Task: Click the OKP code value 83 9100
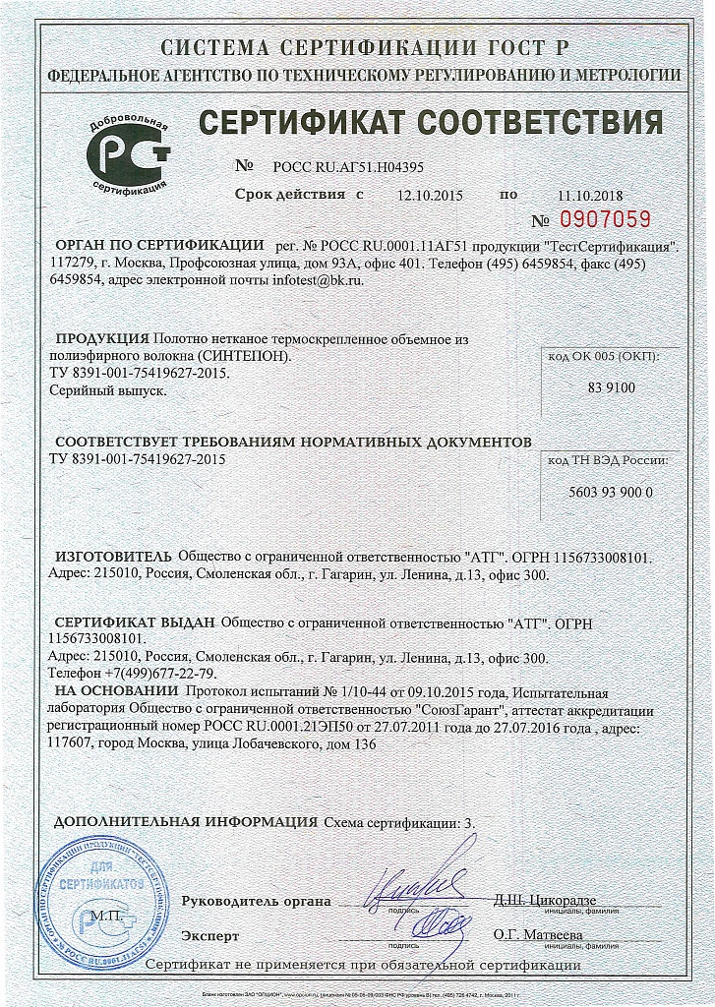tap(611, 387)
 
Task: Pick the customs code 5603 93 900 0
tap(611, 492)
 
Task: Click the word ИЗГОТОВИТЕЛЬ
tap(112, 557)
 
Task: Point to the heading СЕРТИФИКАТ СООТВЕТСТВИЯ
tap(431, 124)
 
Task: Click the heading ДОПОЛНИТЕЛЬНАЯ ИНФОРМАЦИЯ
tap(185, 821)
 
